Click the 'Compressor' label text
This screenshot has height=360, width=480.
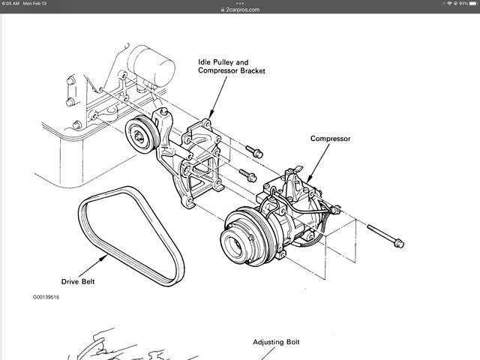(x=331, y=139)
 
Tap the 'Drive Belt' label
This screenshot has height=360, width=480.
(x=80, y=282)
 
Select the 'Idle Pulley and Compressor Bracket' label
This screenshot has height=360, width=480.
(x=232, y=65)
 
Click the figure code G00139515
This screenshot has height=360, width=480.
(x=46, y=297)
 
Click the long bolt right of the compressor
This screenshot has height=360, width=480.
(x=385, y=234)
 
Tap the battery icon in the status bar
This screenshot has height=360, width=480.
(x=470, y=4)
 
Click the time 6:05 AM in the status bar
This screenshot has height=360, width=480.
(x=11, y=4)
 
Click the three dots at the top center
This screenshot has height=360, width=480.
(x=240, y=2)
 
